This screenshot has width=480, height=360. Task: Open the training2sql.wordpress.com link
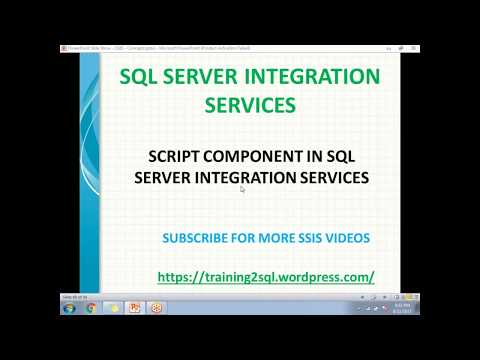tap(266, 276)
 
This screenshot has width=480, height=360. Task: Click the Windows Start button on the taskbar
tap(68, 307)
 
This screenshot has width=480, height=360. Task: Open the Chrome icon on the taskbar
tap(90, 307)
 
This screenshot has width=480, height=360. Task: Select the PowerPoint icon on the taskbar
tap(134, 307)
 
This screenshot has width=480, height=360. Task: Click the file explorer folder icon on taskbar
tap(112, 307)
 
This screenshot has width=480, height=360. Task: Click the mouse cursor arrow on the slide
tap(242, 187)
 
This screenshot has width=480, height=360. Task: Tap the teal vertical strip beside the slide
tap(90, 170)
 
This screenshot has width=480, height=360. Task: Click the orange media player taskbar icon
tap(156, 307)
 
